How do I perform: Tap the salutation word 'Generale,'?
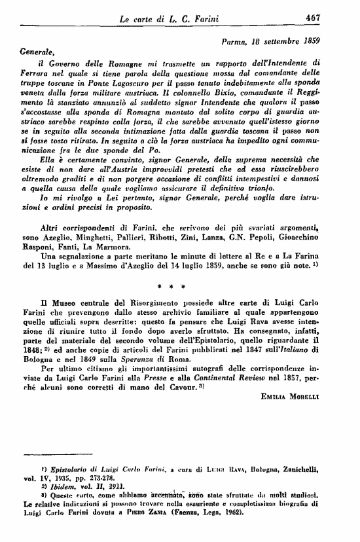click(x=39, y=50)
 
